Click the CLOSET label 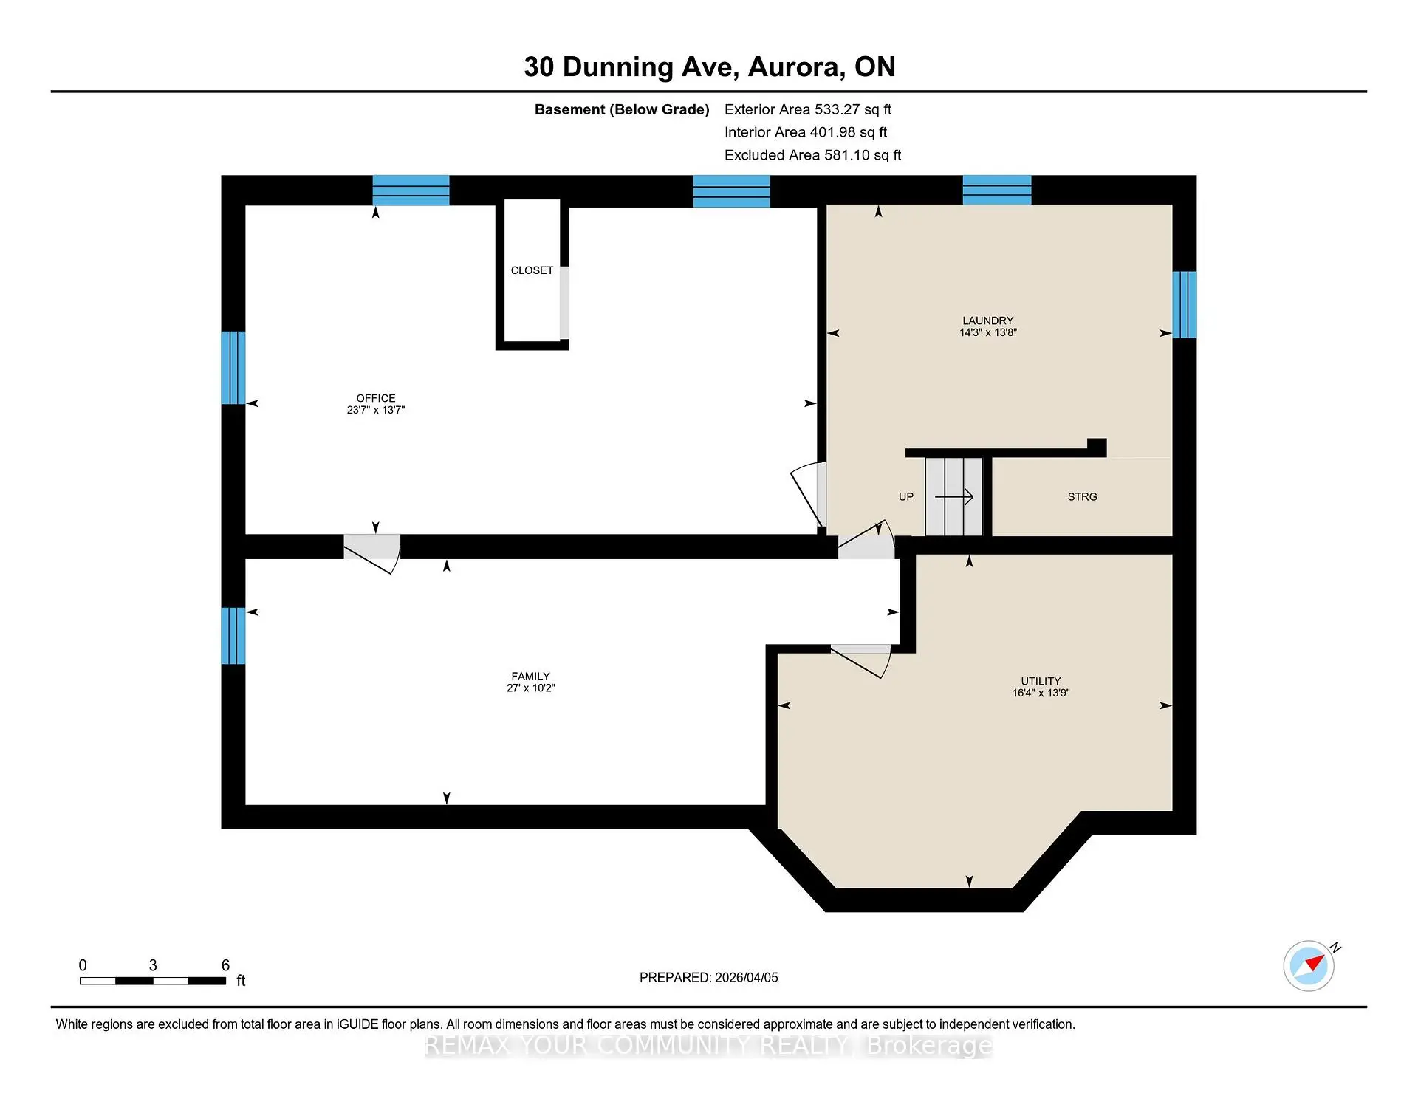pyautogui.click(x=532, y=270)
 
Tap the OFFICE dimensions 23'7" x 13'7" pyautogui.click(x=375, y=410)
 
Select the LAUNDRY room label pyautogui.click(x=987, y=321)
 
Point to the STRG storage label pyautogui.click(x=1082, y=497)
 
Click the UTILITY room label pyautogui.click(x=1041, y=681)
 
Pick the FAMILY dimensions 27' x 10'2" pyautogui.click(x=530, y=688)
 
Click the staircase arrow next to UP pyautogui.click(x=954, y=497)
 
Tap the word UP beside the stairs pyautogui.click(x=905, y=497)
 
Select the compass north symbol pyautogui.click(x=1309, y=965)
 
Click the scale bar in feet pyautogui.click(x=153, y=981)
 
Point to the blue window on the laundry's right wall pyautogui.click(x=1184, y=304)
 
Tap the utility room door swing pyautogui.click(x=861, y=660)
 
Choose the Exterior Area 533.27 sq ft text pyautogui.click(x=807, y=109)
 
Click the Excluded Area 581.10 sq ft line pyautogui.click(x=812, y=155)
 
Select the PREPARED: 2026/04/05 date pyautogui.click(x=708, y=977)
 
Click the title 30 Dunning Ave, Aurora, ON pyautogui.click(x=709, y=66)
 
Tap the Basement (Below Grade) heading pyautogui.click(x=621, y=109)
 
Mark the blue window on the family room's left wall pyautogui.click(x=233, y=635)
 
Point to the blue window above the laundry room pyautogui.click(x=996, y=190)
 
